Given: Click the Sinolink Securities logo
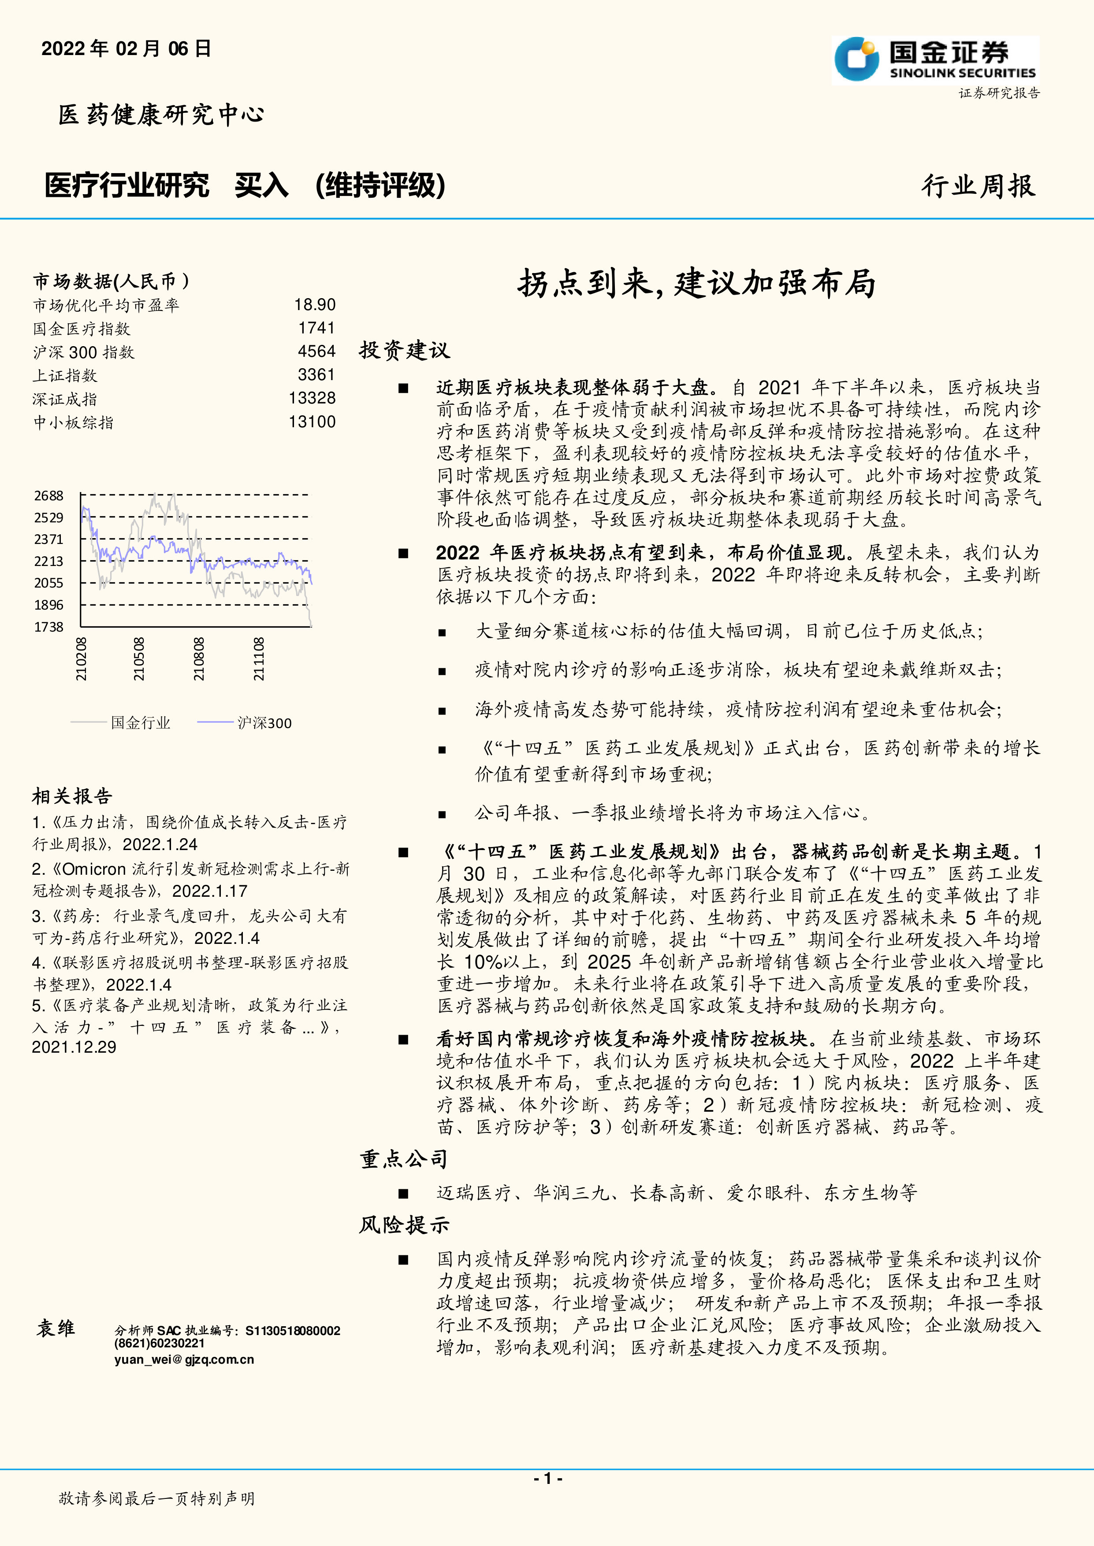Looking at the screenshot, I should pyautogui.click(x=935, y=60).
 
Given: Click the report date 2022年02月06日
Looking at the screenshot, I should pyautogui.click(x=127, y=48).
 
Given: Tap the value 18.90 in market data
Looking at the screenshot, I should pyautogui.click(x=315, y=305).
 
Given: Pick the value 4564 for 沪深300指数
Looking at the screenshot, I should pyautogui.click(x=316, y=351).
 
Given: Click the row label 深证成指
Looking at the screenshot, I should pyautogui.click(x=65, y=399).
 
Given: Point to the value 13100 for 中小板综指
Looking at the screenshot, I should pyautogui.click(x=312, y=422).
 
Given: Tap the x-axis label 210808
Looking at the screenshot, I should pyautogui.click(x=199, y=659).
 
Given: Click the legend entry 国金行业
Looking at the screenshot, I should pyautogui.click(x=140, y=723).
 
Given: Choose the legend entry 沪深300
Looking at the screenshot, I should pyautogui.click(x=264, y=723).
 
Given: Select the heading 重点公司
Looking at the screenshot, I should pyautogui.click(x=403, y=1159).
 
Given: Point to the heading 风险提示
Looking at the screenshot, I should pyautogui.click(x=403, y=1225).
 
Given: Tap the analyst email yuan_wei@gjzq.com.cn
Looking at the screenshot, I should pyautogui.click(x=184, y=1359).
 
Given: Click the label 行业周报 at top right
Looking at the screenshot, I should pyautogui.click(x=978, y=186).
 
